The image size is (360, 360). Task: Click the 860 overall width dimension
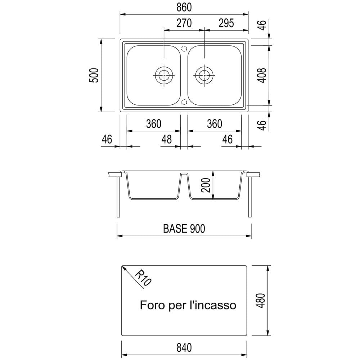(x=184, y=7)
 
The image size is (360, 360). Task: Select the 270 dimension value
(x=184, y=23)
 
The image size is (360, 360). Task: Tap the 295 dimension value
(x=226, y=23)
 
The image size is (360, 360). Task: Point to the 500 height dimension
(x=94, y=75)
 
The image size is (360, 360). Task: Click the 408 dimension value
(x=262, y=75)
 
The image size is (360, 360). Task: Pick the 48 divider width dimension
(x=166, y=139)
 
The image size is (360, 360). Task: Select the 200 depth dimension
(x=206, y=185)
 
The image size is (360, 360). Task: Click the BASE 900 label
(x=184, y=229)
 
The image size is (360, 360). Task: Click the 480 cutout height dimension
(x=261, y=301)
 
